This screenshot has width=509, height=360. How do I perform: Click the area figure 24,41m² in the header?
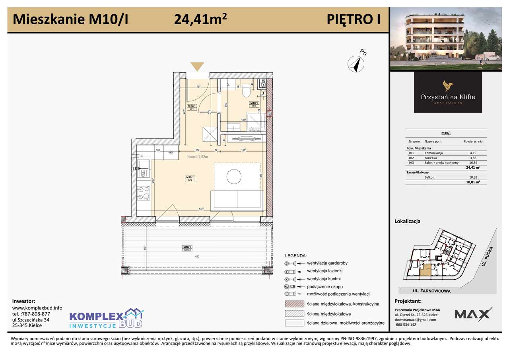pyautogui.click(x=200, y=19)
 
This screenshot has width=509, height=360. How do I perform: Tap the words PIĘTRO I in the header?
pyautogui.click(x=353, y=19)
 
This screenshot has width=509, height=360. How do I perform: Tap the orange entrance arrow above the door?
pyautogui.click(x=197, y=67)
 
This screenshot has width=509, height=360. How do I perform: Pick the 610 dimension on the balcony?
pyautogui.click(x=197, y=257)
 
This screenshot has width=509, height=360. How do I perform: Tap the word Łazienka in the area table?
pyautogui.click(x=432, y=158)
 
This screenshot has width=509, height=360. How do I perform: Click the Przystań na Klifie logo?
pyautogui.click(x=448, y=92)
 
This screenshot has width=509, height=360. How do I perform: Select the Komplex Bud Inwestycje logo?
pyautogui.click(x=106, y=319)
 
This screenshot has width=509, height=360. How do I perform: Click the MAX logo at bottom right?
pyautogui.click(x=473, y=314)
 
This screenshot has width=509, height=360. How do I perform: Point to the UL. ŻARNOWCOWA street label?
pyautogui.click(x=432, y=291)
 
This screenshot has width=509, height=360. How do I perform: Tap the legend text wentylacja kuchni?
pyautogui.click(x=323, y=279)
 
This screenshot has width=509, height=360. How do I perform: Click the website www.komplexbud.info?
pyautogui.click(x=37, y=307)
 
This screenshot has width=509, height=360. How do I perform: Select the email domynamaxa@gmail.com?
pyautogui.click(x=416, y=319)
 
